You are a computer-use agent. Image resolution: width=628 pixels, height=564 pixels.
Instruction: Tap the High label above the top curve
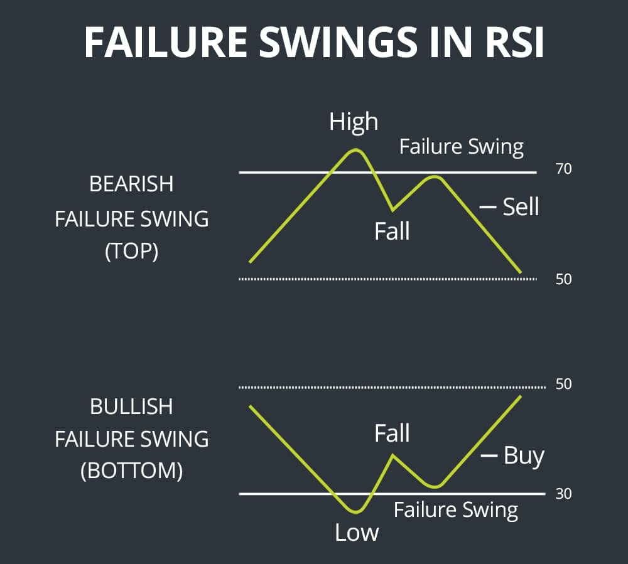[x=354, y=122]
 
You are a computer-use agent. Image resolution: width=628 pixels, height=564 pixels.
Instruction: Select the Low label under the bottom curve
[x=357, y=533]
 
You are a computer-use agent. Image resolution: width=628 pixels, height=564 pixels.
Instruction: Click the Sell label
[x=521, y=206]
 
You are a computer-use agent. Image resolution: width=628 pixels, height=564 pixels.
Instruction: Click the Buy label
[x=523, y=455]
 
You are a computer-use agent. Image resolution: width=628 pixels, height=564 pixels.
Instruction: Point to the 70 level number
[x=563, y=169]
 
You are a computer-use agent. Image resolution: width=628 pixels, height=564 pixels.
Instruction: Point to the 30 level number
[x=563, y=494]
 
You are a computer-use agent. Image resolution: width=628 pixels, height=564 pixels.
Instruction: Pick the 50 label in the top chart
[x=563, y=279]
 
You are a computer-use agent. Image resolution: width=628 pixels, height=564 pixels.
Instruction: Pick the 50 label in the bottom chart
[x=563, y=384]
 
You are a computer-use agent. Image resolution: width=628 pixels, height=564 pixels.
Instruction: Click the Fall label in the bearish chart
[x=392, y=231]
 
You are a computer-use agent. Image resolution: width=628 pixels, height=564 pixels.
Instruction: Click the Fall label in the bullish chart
[x=392, y=434]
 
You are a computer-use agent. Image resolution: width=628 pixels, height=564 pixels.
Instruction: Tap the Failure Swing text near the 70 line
[x=461, y=147]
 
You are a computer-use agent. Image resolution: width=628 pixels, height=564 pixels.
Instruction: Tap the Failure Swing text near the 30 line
[x=456, y=510]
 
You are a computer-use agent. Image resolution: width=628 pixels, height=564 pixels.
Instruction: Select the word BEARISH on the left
[x=131, y=184]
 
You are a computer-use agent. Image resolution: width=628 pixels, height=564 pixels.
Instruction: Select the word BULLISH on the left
[x=131, y=407]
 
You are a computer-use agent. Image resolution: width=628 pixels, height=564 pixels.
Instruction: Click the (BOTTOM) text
[x=131, y=471]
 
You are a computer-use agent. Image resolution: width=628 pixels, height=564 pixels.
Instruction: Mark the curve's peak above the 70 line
[x=355, y=150]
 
